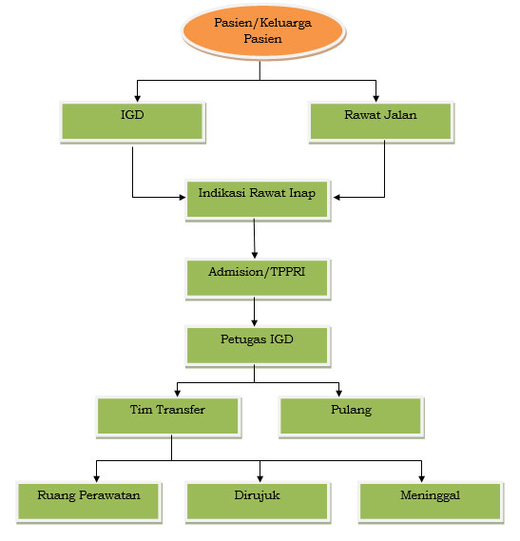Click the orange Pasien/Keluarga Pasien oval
tap(263, 31)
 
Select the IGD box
tap(132, 122)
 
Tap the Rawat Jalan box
tap(381, 122)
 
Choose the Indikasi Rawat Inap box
tap(259, 200)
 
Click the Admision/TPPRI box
tap(259, 279)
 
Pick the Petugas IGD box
tap(259, 346)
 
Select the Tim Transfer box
tap(168, 417)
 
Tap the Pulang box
tap(352, 417)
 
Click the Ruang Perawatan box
tap(89, 502)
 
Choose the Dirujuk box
tap(259, 502)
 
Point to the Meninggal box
tap(431, 502)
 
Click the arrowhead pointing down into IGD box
tap(137, 98)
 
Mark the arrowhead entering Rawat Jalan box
tap(376, 98)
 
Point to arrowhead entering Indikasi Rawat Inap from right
tap(337, 198)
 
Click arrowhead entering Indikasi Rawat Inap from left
tap(183, 198)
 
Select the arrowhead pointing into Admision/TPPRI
tap(255, 255)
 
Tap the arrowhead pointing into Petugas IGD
tap(255, 322)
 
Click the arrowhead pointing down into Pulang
tap(338, 393)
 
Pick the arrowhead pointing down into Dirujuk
tap(260, 478)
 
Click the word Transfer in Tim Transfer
tap(181, 410)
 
